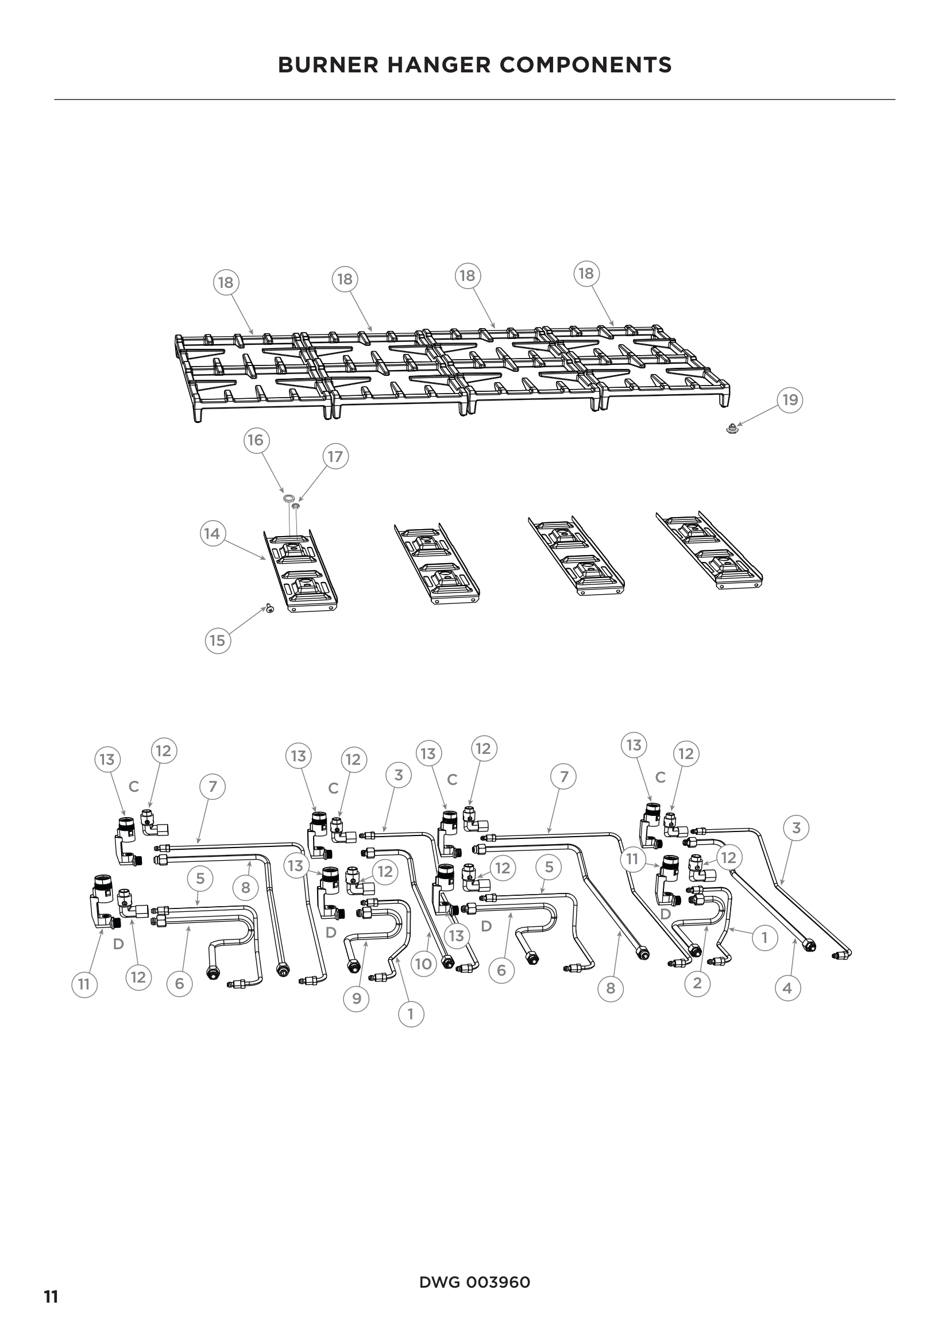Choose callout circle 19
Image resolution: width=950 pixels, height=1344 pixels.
pyautogui.click(x=790, y=400)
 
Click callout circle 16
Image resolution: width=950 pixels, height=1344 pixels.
pyautogui.click(x=256, y=440)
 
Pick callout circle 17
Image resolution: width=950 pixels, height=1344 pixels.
pyautogui.click(x=335, y=456)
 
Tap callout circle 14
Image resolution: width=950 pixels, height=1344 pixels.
pyautogui.click(x=212, y=534)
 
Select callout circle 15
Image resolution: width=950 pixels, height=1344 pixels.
pyautogui.click(x=217, y=640)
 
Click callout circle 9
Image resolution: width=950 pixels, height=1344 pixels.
pyautogui.click(x=357, y=998)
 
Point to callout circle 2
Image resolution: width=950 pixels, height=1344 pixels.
pyautogui.click(x=697, y=983)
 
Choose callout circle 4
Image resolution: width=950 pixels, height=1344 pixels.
pyautogui.click(x=787, y=988)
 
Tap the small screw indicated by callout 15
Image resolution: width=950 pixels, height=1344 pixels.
pyautogui.click(x=270, y=609)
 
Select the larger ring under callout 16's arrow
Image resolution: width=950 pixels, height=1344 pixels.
pyautogui.click(x=288, y=498)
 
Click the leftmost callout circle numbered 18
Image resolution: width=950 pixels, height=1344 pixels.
pyautogui.click(x=225, y=283)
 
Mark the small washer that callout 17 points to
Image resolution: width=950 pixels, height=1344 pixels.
pyautogui.click(x=296, y=505)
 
